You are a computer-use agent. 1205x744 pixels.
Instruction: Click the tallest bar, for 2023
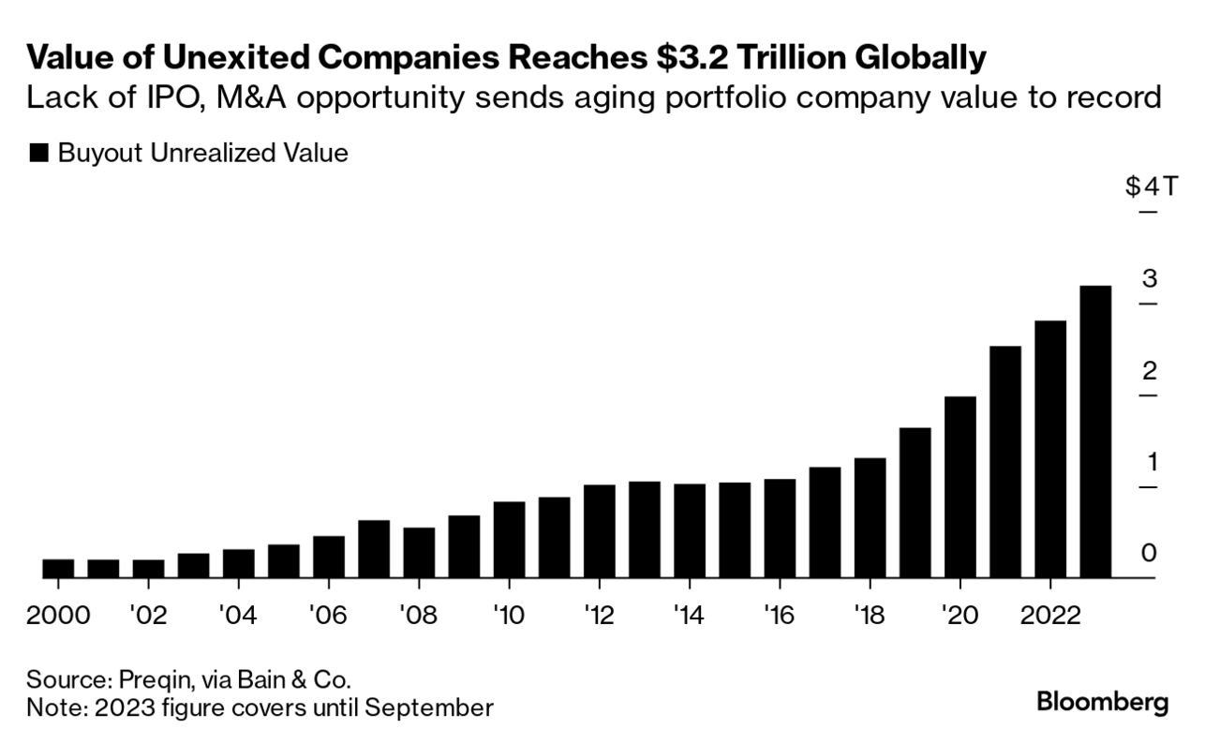(x=1095, y=432)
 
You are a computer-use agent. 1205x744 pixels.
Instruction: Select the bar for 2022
(x=1050, y=450)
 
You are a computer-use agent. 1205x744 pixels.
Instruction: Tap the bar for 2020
(x=960, y=487)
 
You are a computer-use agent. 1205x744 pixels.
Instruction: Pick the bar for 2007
(x=374, y=549)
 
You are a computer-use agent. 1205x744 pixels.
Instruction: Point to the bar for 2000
(x=58, y=569)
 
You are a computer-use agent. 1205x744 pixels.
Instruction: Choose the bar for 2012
(x=599, y=531)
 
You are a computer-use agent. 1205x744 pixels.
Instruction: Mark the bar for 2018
(x=870, y=518)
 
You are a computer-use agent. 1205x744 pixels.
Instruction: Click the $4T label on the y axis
(x=1141, y=186)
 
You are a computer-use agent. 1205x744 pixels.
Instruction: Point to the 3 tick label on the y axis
(x=1150, y=278)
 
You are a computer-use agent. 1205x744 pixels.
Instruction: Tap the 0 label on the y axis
(x=1150, y=554)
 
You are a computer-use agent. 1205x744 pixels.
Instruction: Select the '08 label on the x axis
(x=418, y=616)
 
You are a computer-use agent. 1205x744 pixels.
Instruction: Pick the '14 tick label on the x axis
(x=689, y=616)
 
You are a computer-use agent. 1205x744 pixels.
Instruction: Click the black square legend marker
(x=38, y=154)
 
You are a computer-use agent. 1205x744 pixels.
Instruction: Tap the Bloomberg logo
(x=1103, y=702)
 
